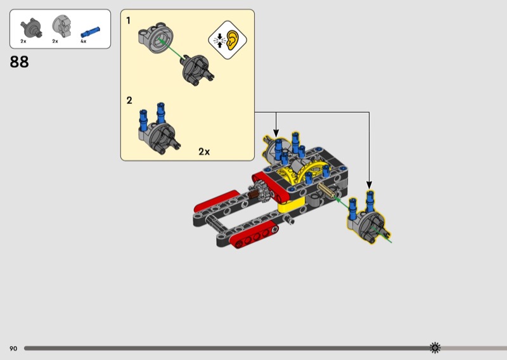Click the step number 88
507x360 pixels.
coord(19,61)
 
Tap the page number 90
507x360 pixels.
coord(13,349)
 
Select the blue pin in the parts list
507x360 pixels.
coord(90,32)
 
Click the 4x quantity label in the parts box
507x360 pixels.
coord(84,41)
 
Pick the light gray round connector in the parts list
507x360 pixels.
coord(61,26)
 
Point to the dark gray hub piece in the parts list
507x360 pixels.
coord(31,27)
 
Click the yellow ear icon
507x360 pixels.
coord(232,40)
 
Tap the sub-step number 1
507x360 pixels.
coord(129,21)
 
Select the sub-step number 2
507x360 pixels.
coord(129,100)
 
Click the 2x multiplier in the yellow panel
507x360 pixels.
coord(204,151)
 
